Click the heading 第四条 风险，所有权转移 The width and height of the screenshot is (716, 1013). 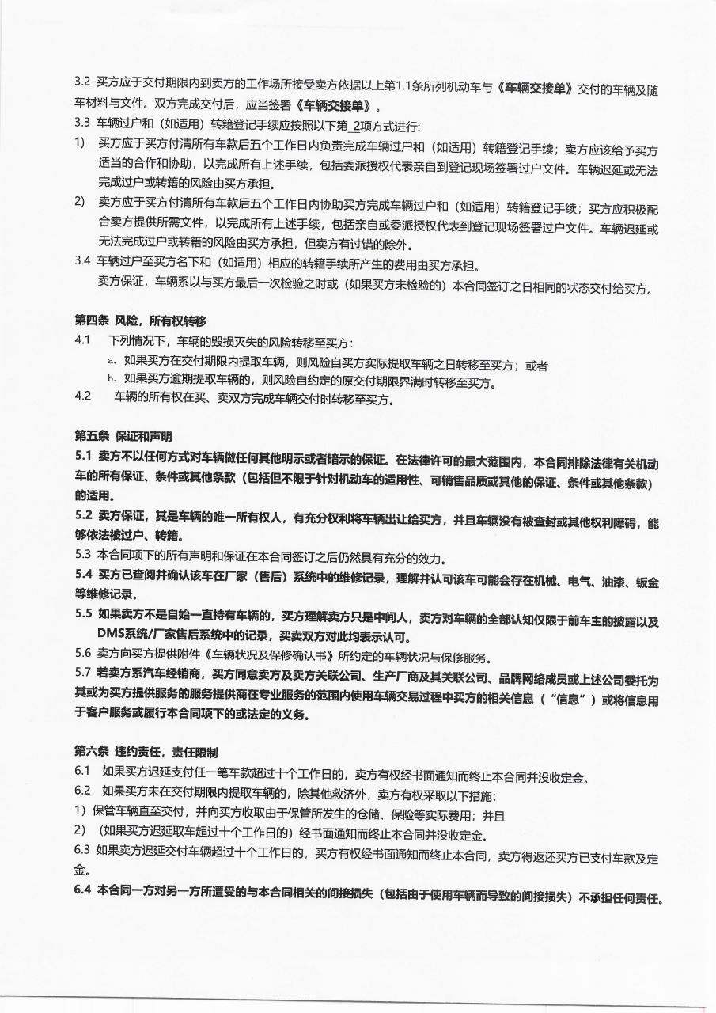[140, 321]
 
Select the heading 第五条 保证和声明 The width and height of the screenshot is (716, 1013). [123, 436]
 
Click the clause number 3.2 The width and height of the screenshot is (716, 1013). [82, 82]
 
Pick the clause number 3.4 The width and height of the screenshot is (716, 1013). [82, 260]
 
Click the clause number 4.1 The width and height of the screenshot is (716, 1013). [83, 340]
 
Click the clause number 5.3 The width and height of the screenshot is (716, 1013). [83, 554]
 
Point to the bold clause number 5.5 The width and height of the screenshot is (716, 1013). [84, 613]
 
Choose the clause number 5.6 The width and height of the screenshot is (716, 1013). [83, 654]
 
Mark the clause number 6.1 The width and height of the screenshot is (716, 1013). [83, 771]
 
